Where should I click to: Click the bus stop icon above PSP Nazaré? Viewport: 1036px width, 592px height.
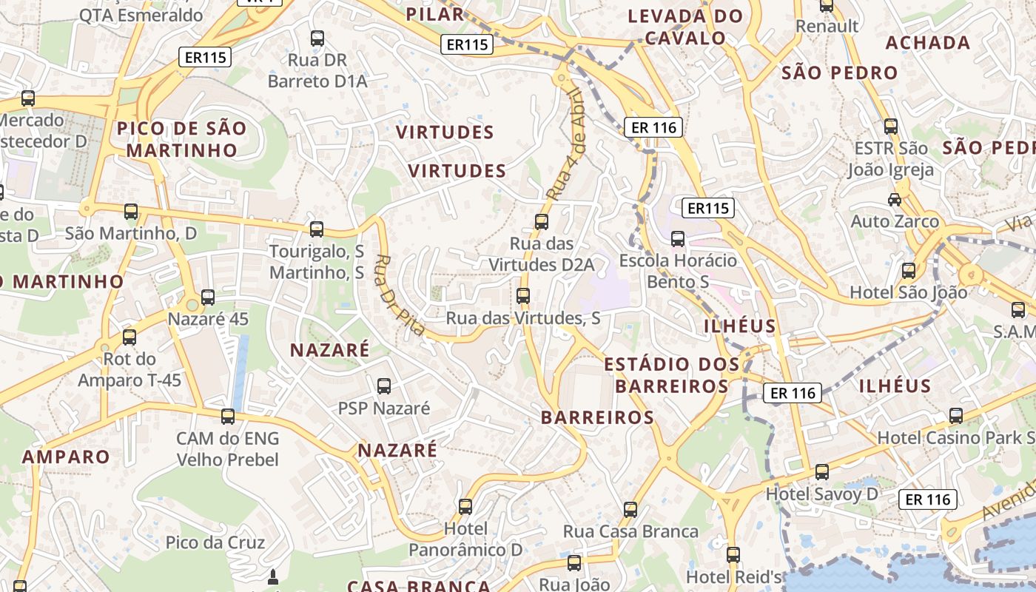point(384,386)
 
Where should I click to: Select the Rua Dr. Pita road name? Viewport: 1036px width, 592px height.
point(400,295)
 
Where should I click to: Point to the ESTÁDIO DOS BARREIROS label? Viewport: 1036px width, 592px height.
point(672,375)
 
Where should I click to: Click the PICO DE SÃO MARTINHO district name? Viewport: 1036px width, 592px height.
point(182,139)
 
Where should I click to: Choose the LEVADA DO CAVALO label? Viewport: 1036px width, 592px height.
point(685,27)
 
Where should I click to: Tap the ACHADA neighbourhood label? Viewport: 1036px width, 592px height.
point(928,43)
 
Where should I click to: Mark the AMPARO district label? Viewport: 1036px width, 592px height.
point(66,457)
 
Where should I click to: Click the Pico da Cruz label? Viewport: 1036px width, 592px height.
point(215,542)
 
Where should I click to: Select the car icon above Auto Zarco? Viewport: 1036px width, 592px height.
point(895,199)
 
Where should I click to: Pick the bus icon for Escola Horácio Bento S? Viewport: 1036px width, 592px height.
point(678,238)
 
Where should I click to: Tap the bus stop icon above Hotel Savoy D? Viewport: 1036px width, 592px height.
point(821,471)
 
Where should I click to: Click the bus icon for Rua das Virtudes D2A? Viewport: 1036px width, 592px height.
point(542,221)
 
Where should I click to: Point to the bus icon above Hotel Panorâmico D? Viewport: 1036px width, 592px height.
point(465,507)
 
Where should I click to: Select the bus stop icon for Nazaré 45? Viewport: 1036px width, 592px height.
point(208,297)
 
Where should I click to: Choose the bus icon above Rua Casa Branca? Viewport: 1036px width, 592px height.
point(630,509)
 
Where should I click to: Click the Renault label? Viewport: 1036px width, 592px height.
point(827,27)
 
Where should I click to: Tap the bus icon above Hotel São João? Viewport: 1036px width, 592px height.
point(909,270)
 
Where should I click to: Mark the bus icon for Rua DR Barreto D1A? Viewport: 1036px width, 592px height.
point(317,38)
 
